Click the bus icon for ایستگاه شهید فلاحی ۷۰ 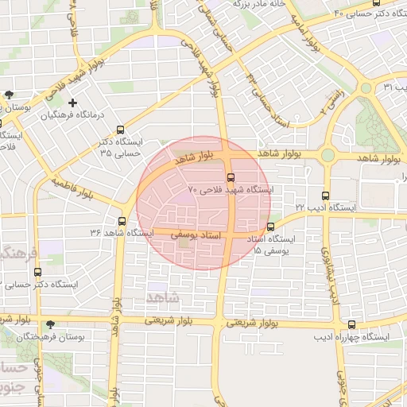point(231,177)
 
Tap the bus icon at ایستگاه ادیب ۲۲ point(325,195)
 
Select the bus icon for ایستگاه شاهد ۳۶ point(122,221)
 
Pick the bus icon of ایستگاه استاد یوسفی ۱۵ point(271,227)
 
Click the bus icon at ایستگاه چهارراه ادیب point(352,324)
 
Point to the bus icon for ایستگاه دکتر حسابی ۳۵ point(121,130)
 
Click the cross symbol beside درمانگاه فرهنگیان point(72,103)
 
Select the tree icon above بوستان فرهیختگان point(52,324)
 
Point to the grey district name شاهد point(163,297)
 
